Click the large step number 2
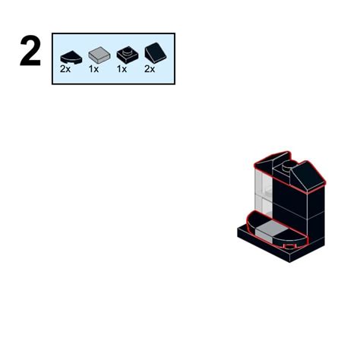(30, 51)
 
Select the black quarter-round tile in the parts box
(71, 58)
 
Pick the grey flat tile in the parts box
(99, 55)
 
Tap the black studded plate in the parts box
(128, 55)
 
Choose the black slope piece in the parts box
(155, 53)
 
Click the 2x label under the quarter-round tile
(65, 69)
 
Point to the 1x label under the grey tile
(93, 69)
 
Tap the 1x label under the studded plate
(122, 69)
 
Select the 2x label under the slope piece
(150, 69)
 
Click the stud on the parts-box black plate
(128, 52)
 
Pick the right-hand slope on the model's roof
(307, 177)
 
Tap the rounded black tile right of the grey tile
(291, 238)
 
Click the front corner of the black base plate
(289, 262)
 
